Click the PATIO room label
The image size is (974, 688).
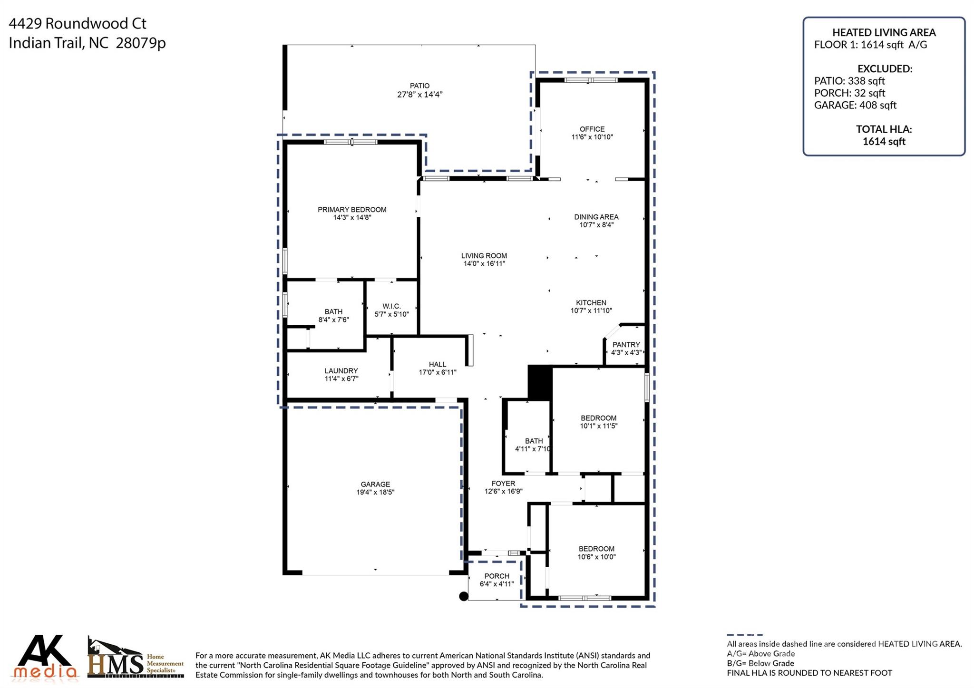(419, 86)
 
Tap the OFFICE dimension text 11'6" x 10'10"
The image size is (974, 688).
(592, 137)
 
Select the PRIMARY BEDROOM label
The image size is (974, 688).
(352, 210)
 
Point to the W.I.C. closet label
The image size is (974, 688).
(391, 306)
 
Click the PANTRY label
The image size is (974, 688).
(626, 345)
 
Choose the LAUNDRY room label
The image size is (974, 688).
(341, 371)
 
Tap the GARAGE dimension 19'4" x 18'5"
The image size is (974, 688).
(375, 493)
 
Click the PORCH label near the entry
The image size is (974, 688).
(497, 576)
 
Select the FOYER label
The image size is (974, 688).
(503, 484)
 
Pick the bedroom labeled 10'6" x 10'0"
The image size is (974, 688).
(596, 552)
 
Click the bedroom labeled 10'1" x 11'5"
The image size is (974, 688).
(598, 422)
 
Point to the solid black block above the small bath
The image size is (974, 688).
(540, 382)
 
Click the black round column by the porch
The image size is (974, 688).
(463, 596)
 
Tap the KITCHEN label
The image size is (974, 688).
(591, 303)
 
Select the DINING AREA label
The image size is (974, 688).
(596, 217)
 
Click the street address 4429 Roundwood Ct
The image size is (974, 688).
(78, 23)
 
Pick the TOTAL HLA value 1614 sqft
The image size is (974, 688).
(884, 141)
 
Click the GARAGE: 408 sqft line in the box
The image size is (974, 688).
(855, 105)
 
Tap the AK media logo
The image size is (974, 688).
(46, 657)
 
